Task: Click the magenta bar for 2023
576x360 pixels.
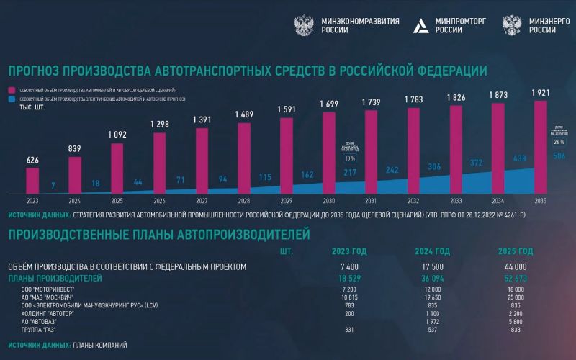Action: tap(32, 179)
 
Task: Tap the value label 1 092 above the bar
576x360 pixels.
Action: tap(117, 134)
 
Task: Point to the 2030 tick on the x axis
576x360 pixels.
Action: tap(328, 202)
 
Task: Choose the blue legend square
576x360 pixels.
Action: tap(13, 98)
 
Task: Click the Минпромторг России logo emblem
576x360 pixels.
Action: tap(420, 27)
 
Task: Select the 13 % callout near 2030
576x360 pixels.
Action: tap(350, 158)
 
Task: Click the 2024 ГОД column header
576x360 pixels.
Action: tap(432, 251)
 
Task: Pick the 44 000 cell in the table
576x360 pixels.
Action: tap(517, 266)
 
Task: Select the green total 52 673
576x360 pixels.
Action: tap(517, 278)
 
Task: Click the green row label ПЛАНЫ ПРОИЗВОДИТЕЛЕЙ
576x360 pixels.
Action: tap(55, 278)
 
